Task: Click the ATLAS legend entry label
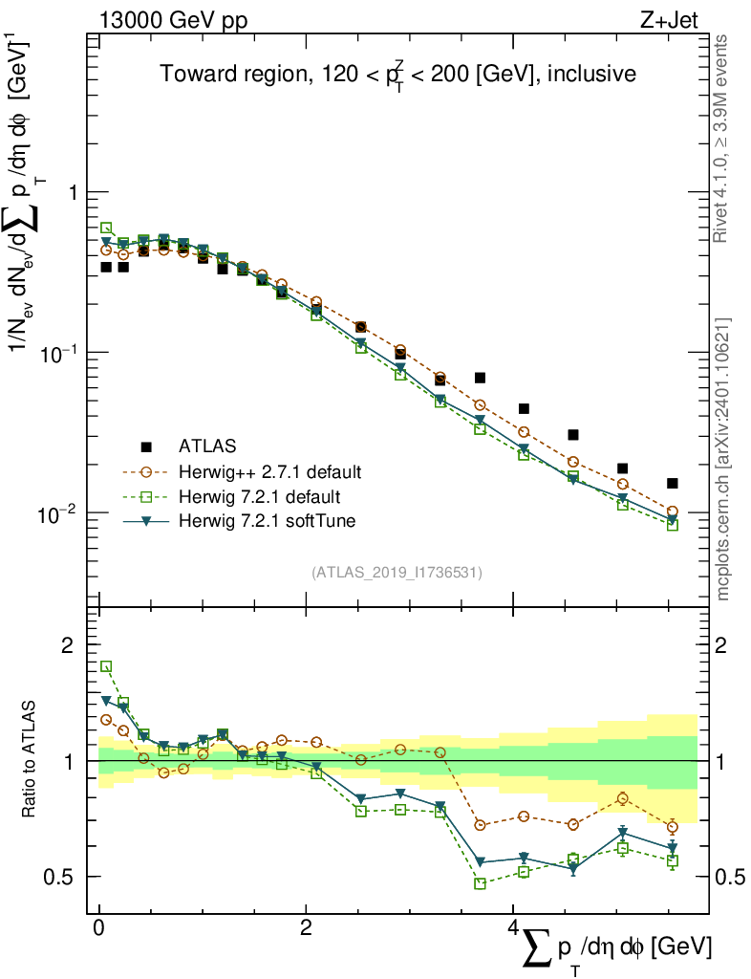[x=207, y=446]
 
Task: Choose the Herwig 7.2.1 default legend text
[x=259, y=496]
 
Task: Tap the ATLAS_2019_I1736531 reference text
[x=397, y=573]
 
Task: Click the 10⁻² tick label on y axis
[x=60, y=515]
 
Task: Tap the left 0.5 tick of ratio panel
[x=63, y=877]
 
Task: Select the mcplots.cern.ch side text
[x=723, y=459]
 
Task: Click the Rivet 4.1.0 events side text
[x=723, y=139]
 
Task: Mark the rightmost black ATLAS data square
[x=673, y=484]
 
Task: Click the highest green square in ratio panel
[x=106, y=666]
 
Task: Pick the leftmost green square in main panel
[x=106, y=228]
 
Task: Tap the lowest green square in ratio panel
[x=480, y=883]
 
